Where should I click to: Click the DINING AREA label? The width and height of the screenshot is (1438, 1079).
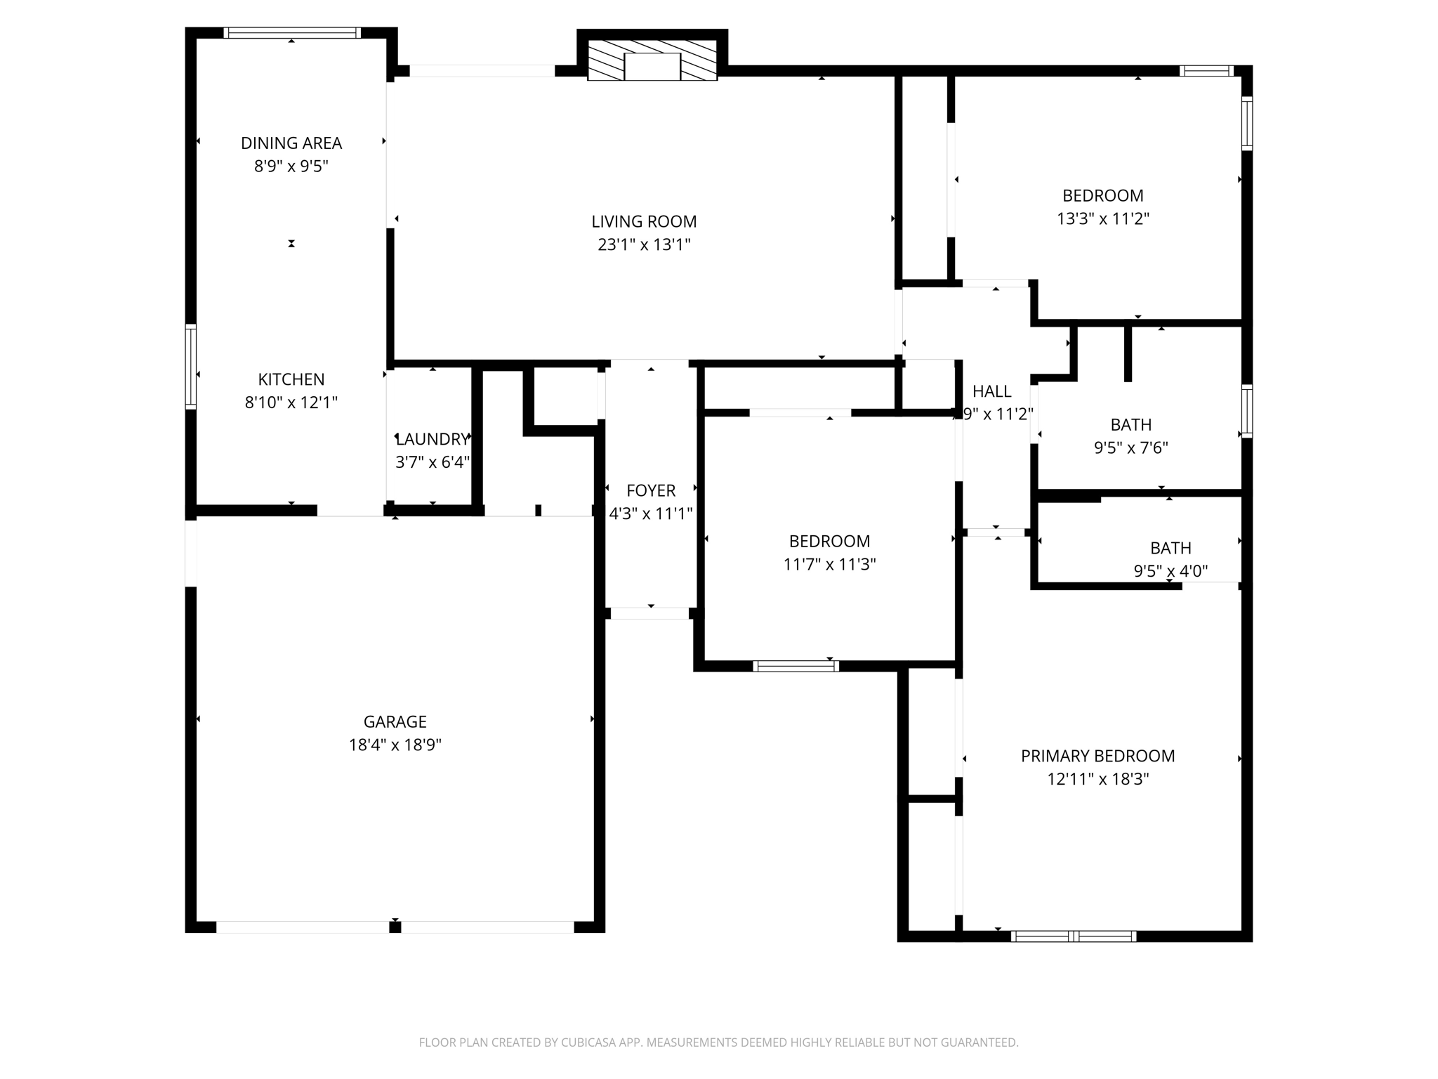291,143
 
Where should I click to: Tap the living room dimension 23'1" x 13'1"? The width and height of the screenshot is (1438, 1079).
644,244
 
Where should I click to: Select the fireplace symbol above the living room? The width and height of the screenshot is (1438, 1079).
652,61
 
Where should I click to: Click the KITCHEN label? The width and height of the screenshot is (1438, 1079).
291,379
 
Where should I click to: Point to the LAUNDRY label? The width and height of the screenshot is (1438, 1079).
431,440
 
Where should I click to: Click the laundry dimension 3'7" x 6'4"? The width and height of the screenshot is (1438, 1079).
432,462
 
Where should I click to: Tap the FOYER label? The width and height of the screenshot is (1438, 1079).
651,490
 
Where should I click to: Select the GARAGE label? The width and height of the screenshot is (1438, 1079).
395,721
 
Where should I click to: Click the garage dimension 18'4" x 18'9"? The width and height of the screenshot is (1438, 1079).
395,745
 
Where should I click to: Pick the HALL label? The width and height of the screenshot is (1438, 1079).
991,391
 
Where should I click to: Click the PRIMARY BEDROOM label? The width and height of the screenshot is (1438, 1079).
1097,756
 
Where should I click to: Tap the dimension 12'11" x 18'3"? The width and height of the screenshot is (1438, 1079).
1097,779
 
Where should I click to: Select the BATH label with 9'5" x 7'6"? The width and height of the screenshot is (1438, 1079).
1130,424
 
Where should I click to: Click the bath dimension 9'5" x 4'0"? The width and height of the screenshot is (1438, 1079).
1170,571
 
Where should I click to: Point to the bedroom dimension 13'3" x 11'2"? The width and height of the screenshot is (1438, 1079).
1102,218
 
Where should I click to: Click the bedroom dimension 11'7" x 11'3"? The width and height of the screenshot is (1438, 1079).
829,564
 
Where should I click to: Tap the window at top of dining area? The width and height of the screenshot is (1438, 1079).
291,32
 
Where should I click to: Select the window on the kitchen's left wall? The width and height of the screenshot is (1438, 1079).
190,366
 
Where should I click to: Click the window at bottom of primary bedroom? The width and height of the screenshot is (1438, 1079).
1073,936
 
